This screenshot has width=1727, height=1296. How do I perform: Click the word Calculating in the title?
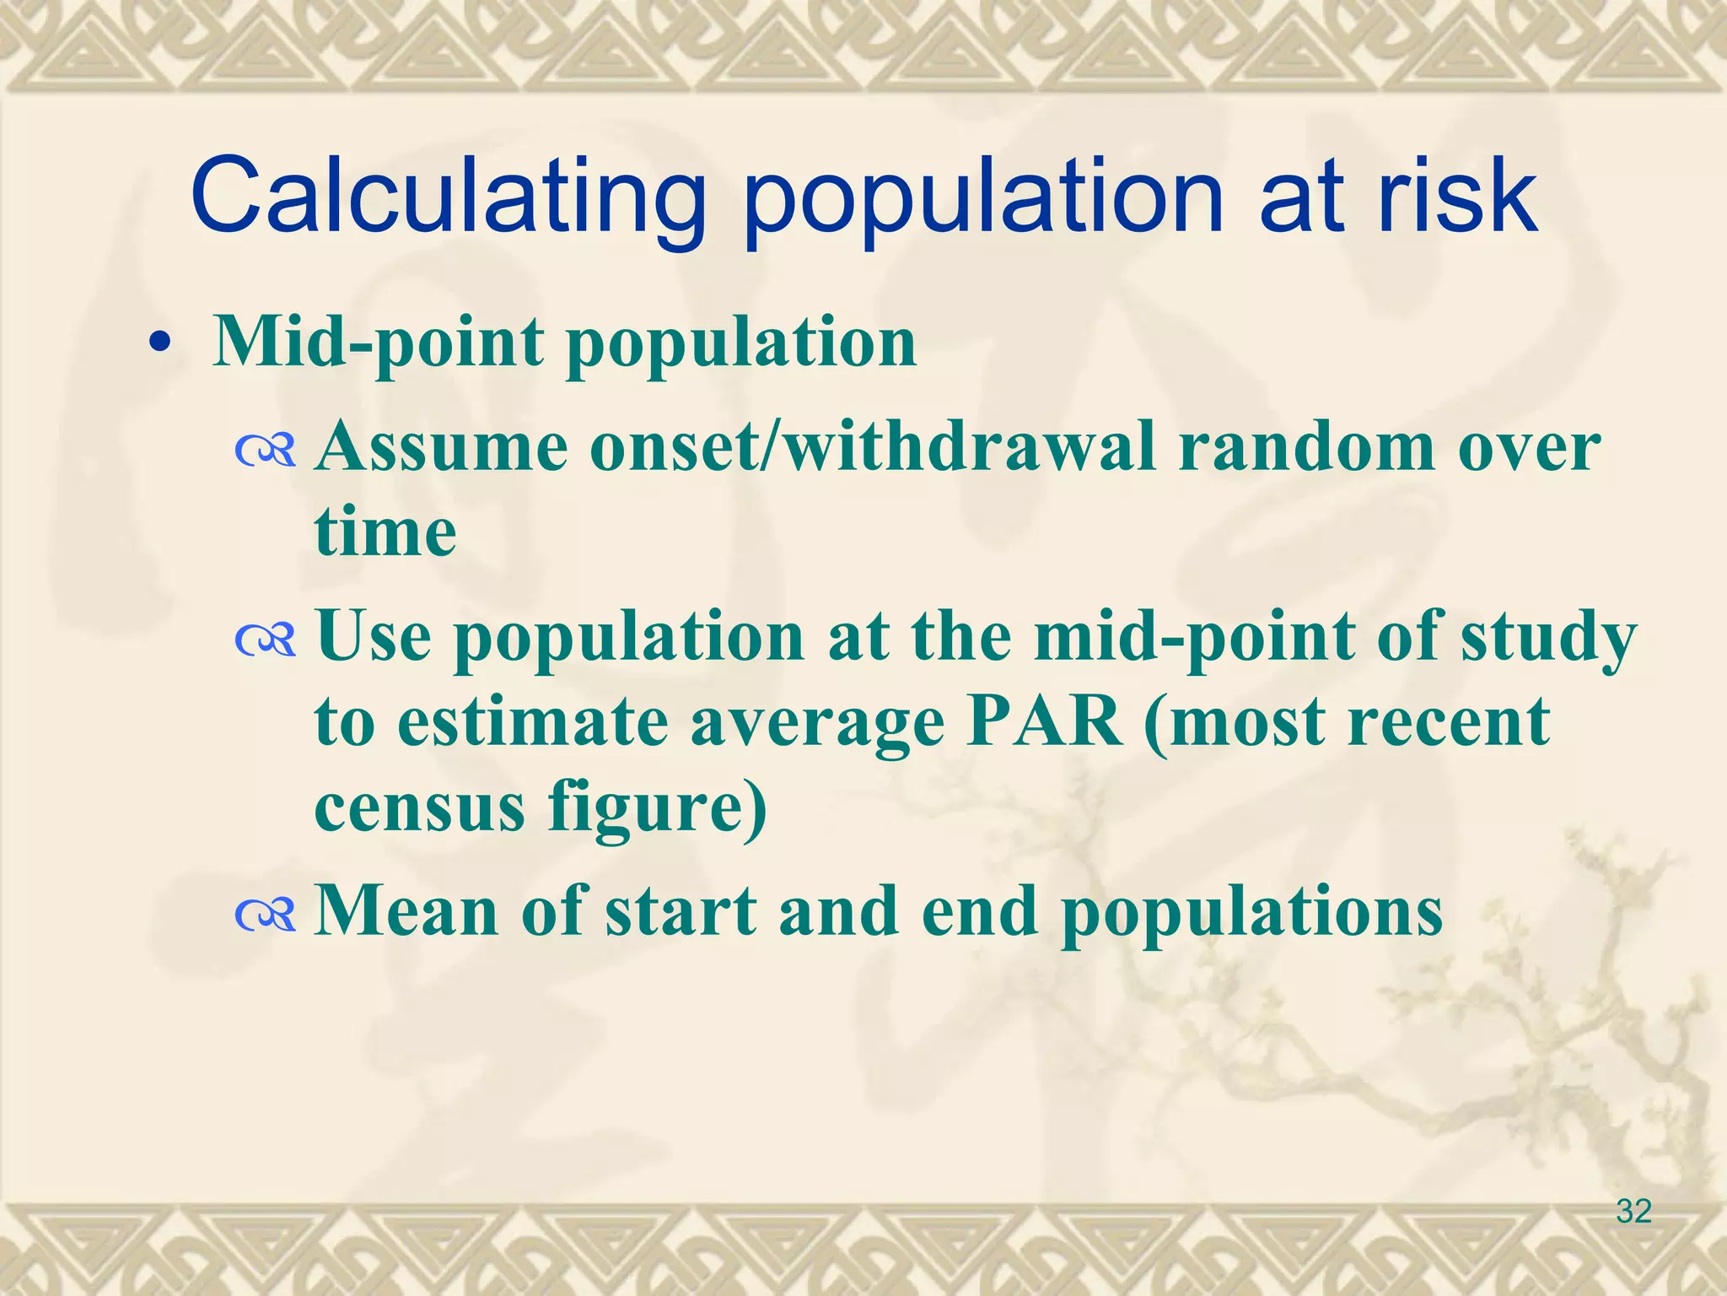(x=447, y=196)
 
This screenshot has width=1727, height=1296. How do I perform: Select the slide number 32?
(x=1633, y=1211)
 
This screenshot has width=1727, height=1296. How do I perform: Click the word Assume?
(x=442, y=447)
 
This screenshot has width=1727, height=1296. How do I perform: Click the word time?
(x=385, y=533)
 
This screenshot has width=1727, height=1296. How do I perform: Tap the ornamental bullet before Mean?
(x=266, y=916)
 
